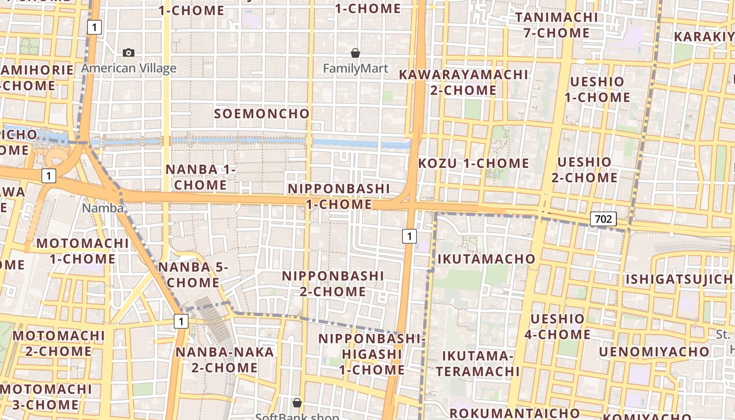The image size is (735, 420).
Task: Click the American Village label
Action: (x=129, y=68)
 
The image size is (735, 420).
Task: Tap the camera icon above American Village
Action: (x=129, y=52)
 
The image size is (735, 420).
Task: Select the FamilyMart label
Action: (x=355, y=69)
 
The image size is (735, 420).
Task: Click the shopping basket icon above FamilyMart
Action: (x=355, y=53)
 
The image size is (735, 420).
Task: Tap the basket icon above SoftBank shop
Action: (x=297, y=403)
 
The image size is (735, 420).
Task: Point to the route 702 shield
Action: (x=603, y=218)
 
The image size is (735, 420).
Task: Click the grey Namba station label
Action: (x=102, y=208)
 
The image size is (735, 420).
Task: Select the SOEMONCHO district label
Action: (x=262, y=113)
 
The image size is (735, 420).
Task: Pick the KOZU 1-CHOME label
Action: (x=474, y=163)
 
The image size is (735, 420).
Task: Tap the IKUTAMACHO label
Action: (x=486, y=259)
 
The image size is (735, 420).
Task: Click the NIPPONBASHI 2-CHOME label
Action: (x=333, y=283)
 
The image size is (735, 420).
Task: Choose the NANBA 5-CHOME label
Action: (x=193, y=275)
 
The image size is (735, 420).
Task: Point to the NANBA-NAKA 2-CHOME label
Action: (x=225, y=360)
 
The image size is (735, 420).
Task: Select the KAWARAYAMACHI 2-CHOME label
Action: (x=463, y=82)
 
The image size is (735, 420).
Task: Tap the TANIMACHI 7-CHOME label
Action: (x=556, y=25)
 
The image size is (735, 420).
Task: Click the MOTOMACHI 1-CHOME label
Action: (x=82, y=251)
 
